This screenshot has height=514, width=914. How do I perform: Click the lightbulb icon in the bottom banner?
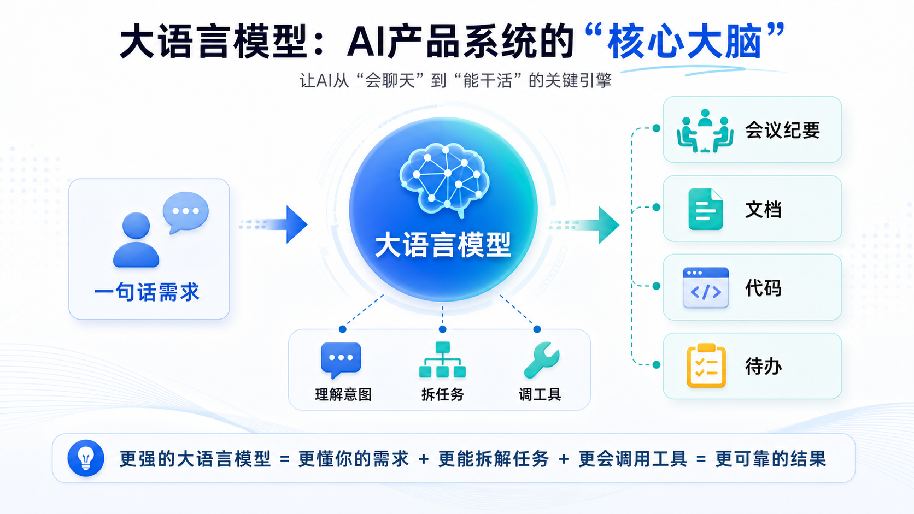(86, 458)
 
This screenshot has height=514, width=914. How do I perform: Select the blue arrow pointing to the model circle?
(273, 224)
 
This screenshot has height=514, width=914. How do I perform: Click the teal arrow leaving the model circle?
(585, 224)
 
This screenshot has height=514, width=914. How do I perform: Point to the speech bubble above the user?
(186, 212)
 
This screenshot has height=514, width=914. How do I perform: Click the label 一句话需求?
(147, 292)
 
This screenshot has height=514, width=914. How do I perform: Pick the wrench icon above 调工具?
(542, 359)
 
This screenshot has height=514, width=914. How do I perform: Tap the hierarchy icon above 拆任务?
(442, 359)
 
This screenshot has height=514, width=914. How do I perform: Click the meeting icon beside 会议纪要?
(705, 131)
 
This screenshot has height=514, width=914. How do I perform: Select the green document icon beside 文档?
(706, 209)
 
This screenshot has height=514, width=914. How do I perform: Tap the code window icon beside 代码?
(706, 287)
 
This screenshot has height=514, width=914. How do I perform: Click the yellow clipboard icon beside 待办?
(706, 365)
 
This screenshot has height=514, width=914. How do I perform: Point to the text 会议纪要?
(782, 131)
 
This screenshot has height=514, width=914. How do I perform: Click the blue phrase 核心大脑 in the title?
(684, 42)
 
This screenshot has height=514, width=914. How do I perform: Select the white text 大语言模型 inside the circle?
(443, 245)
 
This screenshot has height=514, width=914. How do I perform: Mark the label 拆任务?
(442, 394)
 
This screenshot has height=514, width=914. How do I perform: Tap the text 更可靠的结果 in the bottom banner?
(771, 459)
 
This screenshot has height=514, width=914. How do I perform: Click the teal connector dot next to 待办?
(656, 365)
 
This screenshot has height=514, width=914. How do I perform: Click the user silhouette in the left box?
(136, 240)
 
